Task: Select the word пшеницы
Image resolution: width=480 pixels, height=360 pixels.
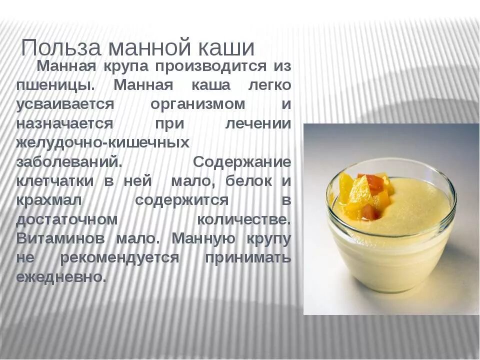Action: point(55,85)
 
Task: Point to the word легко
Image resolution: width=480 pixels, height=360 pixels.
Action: point(269,85)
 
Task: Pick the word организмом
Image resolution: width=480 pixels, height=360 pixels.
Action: point(198,104)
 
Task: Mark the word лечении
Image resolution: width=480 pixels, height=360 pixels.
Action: point(257,124)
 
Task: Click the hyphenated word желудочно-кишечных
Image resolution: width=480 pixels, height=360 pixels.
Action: point(102,143)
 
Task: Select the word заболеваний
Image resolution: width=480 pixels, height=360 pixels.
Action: point(68,162)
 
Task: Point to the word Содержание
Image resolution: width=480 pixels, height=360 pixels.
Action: point(242,162)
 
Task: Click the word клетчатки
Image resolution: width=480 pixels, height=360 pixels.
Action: point(55,181)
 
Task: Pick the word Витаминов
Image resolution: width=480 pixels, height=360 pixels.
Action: point(60,239)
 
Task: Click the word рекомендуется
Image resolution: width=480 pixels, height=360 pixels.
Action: point(119,258)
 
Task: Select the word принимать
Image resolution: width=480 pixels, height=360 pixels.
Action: point(247,258)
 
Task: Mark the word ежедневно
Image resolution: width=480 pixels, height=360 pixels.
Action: point(61,277)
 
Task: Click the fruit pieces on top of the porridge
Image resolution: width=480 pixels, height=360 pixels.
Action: point(363,194)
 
